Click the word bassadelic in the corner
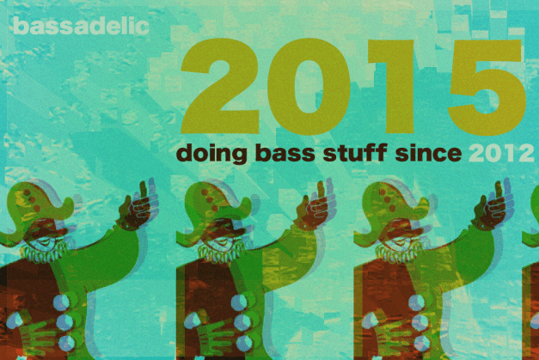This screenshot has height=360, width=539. [81, 27]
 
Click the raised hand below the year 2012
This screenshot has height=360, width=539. [493, 206]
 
